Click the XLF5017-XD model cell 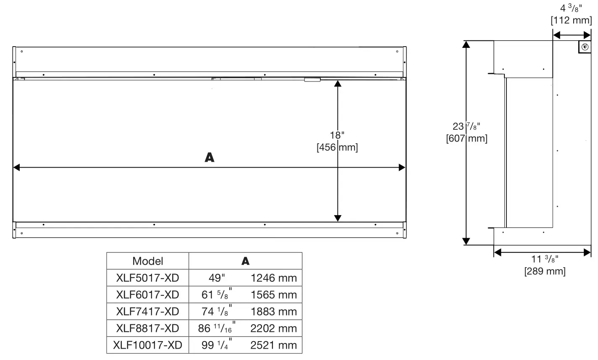tap(147, 278)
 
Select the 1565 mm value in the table tap(273, 294)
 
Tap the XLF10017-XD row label tap(147, 345)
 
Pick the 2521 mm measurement tap(273, 345)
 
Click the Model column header tap(147, 261)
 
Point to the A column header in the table tap(246, 261)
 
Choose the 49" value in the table tap(217, 278)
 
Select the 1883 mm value tap(273, 311)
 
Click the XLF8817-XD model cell tap(147, 328)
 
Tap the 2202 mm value tap(273, 328)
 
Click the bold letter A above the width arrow tap(209, 158)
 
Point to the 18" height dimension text tap(337, 135)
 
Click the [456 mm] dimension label tap(337, 147)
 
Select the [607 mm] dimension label tap(467, 138)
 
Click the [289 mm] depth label tap(545, 271)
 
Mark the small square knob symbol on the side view tap(585, 47)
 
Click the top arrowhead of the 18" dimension tap(338, 83)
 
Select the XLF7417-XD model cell tap(147, 311)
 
